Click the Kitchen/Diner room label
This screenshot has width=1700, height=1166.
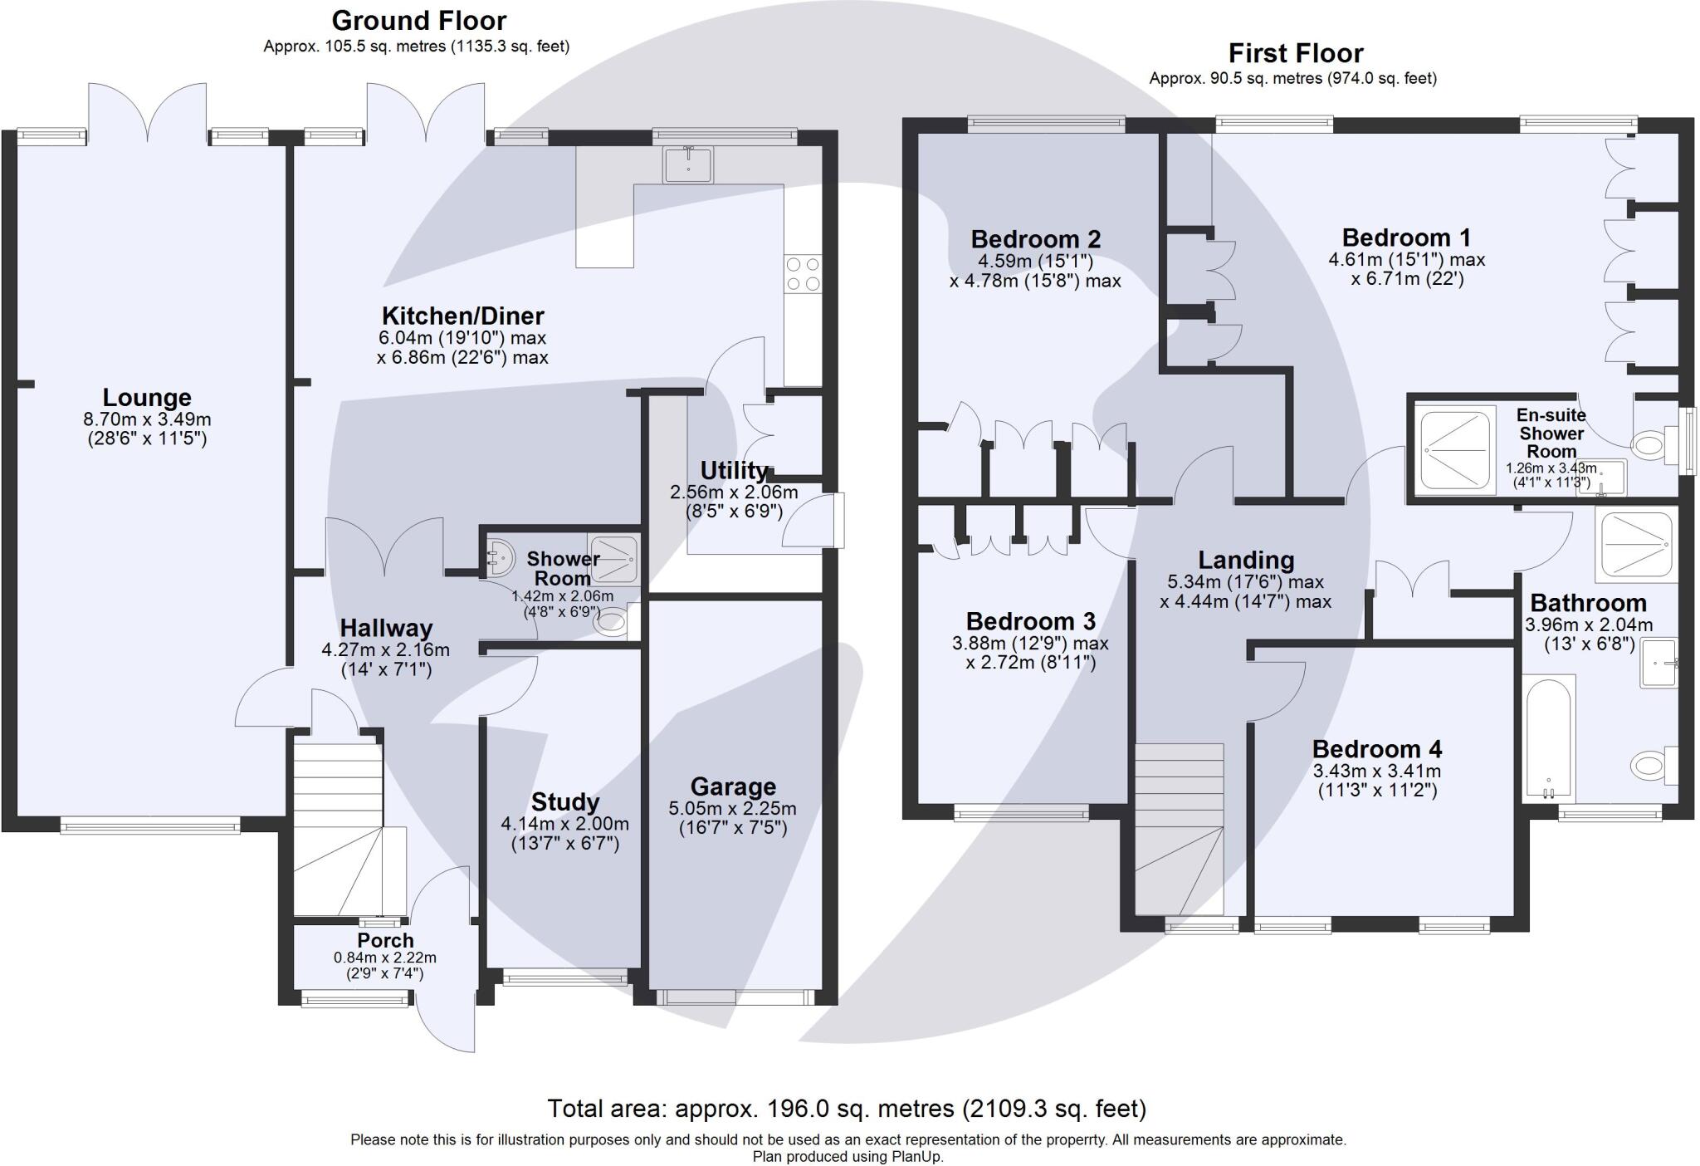click(x=462, y=316)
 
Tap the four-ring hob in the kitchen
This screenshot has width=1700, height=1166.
click(x=802, y=274)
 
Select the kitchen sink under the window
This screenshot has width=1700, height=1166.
click(x=687, y=164)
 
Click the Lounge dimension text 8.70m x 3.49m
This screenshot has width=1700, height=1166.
click(x=147, y=419)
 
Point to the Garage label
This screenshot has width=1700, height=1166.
click(x=733, y=786)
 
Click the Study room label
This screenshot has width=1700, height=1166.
click(x=564, y=801)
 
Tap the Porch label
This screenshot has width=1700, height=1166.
click(x=385, y=940)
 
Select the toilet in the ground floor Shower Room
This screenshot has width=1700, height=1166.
click(x=613, y=621)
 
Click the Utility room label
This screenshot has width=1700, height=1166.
click(x=734, y=470)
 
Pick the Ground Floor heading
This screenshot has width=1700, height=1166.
click(x=418, y=20)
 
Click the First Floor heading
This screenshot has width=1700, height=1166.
click(x=1295, y=53)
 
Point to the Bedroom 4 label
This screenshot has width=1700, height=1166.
click(x=1376, y=749)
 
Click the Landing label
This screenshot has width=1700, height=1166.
click(x=1245, y=561)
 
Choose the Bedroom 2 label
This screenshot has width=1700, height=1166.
click(x=1035, y=239)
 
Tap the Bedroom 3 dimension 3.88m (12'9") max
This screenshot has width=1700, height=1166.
click(x=1030, y=644)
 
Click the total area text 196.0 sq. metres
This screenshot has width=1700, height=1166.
click(x=847, y=1109)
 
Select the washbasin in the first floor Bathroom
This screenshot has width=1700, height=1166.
click(x=1658, y=663)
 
